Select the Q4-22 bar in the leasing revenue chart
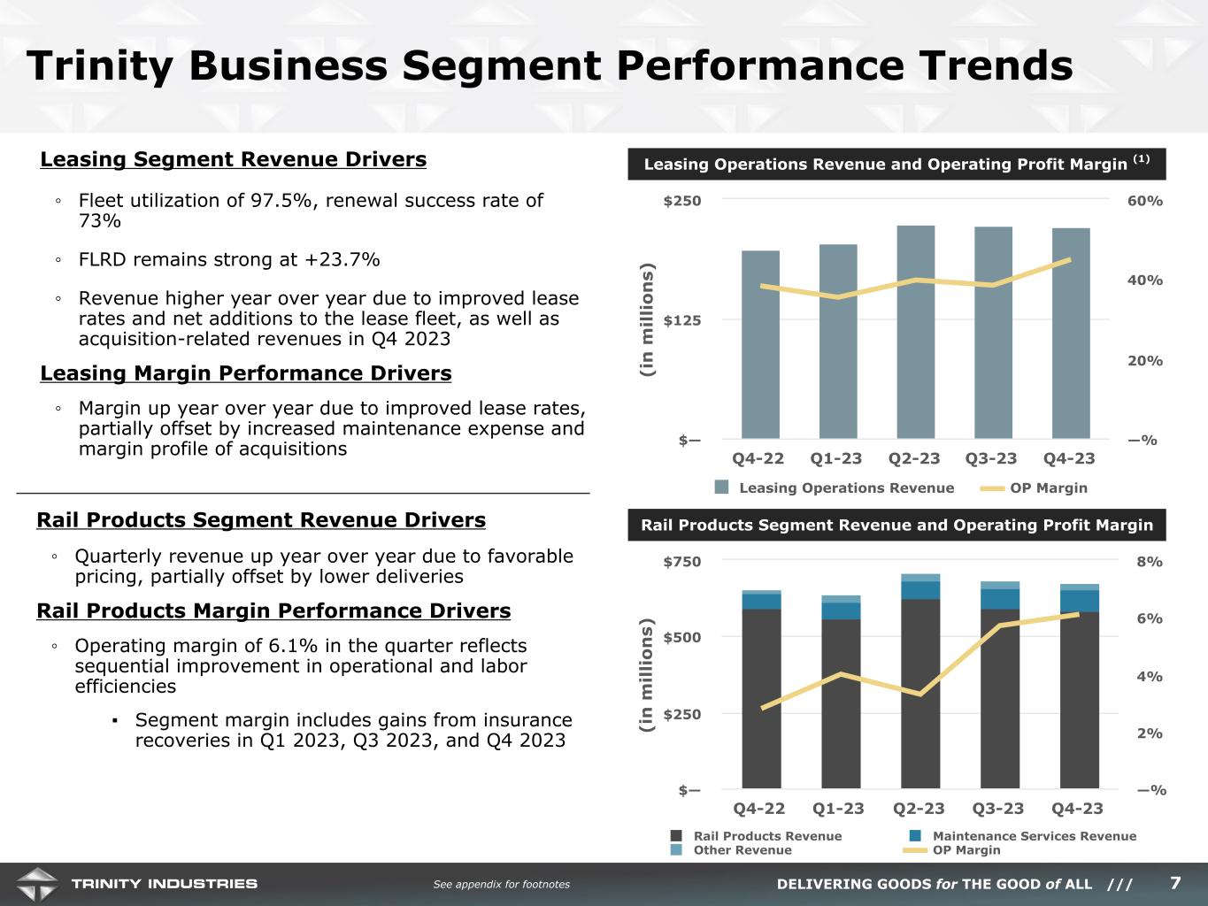pyautogui.click(x=760, y=344)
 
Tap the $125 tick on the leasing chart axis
pyautogui.click(x=682, y=319)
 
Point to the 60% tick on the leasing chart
pyautogui.click(x=1145, y=201)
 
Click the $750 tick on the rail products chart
pyautogui.click(x=682, y=562)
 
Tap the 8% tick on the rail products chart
pyautogui.click(x=1150, y=562)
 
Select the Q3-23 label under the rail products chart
pyautogui.click(x=998, y=808)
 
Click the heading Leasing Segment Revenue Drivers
pyautogui.click(x=234, y=159)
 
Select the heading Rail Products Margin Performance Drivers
pyautogui.click(x=273, y=610)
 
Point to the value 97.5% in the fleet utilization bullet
pyautogui.click(x=283, y=201)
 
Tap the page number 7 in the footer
pyautogui.click(x=1175, y=883)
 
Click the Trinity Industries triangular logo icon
pyautogui.click(x=36, y=883)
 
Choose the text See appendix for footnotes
pyautogui.click(x=501, y=884)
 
